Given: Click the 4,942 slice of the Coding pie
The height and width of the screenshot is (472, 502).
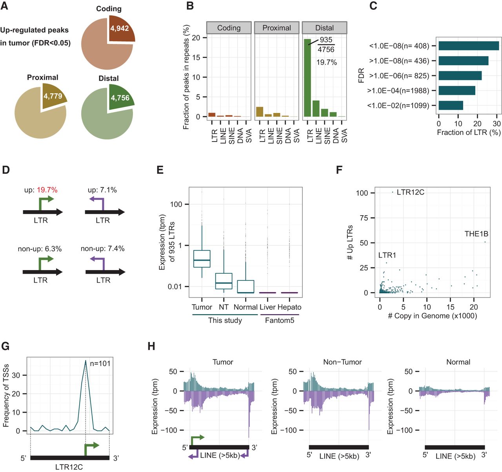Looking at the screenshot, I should click(122, 29).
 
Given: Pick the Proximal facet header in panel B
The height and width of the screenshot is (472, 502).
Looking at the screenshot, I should click(276, 28).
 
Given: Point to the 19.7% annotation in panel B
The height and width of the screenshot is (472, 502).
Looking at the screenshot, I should click(326, 62).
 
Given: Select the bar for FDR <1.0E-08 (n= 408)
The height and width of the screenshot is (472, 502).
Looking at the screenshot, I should click(469, 46).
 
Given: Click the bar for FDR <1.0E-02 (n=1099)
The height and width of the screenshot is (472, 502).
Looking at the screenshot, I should click(451, 105).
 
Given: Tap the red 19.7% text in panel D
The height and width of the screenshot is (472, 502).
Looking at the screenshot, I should click(47, 190).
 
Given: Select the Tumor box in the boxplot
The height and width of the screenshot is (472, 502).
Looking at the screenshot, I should click(202, 259).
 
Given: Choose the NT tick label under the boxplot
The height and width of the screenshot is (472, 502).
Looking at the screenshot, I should click(224, 307).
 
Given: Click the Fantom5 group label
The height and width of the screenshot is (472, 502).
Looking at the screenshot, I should click(279, 320).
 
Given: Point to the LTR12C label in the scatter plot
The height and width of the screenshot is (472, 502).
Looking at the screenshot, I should click(410, 192).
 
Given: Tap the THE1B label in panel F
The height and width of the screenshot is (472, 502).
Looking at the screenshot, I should click(476, 234).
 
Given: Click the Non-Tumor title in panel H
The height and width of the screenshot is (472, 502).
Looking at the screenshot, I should click(342, 362).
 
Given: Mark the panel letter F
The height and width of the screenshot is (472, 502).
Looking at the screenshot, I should click(339, 170).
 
